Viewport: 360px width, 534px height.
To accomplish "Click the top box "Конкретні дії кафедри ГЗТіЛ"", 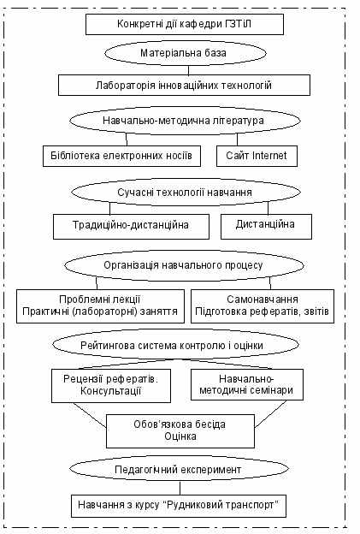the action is [x=185, y=24].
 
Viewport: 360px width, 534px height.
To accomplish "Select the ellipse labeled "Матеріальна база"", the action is [x=185, y=53].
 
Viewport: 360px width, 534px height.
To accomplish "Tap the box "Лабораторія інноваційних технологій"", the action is [x=184, y=85].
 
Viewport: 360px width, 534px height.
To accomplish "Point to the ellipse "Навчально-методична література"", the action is [x=185, y=121].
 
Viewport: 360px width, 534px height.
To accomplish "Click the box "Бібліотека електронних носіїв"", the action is [x=121, y=156].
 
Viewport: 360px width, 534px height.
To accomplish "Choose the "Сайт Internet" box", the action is [x=257, y=156].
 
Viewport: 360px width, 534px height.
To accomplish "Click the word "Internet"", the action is [x=269, y=156].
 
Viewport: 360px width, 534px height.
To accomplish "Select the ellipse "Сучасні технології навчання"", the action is [x=186, y=192].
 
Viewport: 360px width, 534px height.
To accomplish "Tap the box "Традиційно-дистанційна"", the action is [x=131, y=227].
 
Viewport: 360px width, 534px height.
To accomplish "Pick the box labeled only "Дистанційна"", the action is [x=266, y=227].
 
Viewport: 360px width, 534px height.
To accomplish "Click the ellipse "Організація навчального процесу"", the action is [x=184, y=265].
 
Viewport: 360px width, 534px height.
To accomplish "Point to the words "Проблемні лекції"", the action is [x=100, y=300].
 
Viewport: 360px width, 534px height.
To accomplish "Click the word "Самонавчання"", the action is [x=263, y=300].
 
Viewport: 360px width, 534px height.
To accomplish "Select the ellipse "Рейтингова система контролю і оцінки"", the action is [x=175, y=345].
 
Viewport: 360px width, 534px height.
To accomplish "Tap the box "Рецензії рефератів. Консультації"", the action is [x=111, y=386].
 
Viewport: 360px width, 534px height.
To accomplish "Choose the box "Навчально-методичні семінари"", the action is [x=246, y=384].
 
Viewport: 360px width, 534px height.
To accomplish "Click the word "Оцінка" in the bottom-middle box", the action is [x=180, y=436].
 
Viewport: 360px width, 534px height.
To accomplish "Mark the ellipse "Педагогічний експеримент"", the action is [x=179, y=470].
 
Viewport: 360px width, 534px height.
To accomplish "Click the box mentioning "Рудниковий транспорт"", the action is [x=179, y=506].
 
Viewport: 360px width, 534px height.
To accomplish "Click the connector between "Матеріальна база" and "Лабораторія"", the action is [x=188, y=70].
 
